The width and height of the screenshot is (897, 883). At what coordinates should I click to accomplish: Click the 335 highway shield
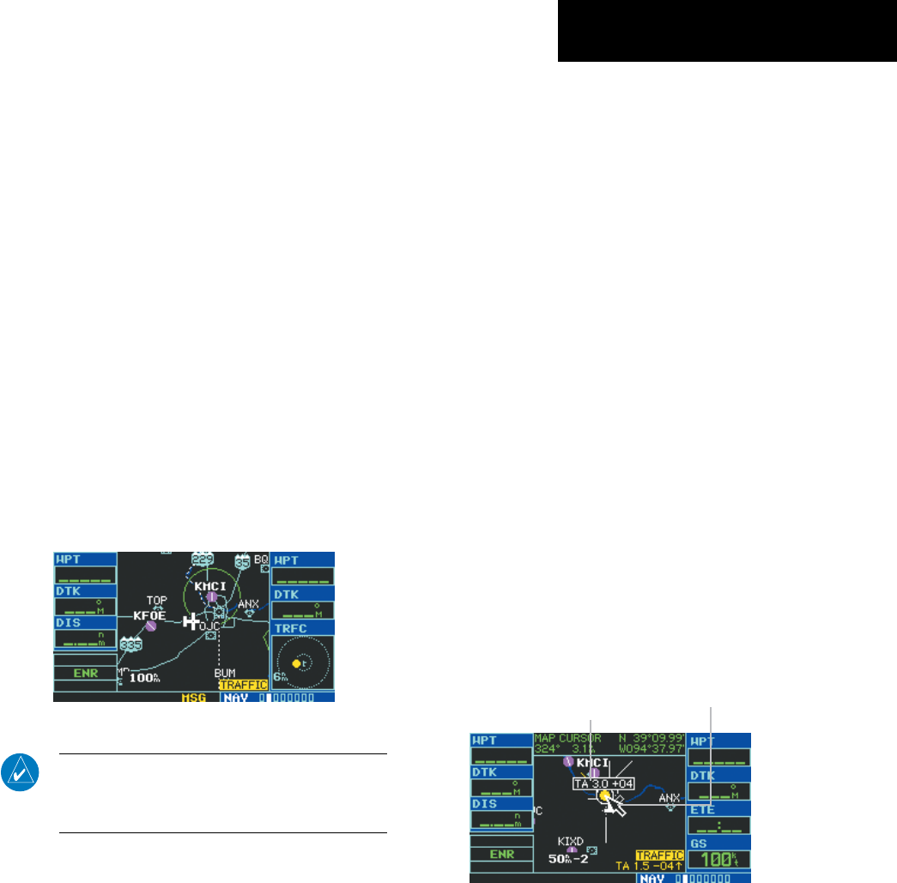pyautogui.click(x=130, y=644)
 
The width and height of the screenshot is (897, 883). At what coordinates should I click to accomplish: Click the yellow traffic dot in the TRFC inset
pyautogui.click(x=296, y=663)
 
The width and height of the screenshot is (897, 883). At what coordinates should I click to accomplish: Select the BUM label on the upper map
pyautogui.click(x=225, y=673)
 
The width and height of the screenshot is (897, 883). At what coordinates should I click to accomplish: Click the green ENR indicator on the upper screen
pyautogui.click(x=84, y=674)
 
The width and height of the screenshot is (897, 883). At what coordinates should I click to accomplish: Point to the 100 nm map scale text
pyautogui.click(x=145, y=678)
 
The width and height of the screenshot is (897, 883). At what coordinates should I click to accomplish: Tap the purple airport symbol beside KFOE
pyautogui.click(x=150, y=626)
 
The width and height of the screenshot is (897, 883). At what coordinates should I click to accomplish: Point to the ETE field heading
pyautogui.click(x=705, y=808)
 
